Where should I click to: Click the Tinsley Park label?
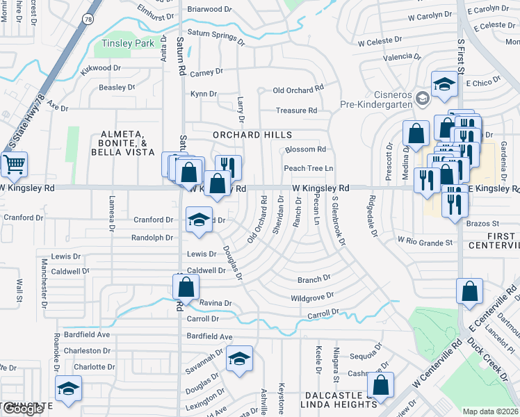(x=127, y=43)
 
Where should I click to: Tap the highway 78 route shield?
(x=88, y=18)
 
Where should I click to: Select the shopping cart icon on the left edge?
(x=13, y=165)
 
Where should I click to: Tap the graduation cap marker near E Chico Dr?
(x=444, y=85)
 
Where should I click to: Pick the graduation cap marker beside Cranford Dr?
(x=199, y=220)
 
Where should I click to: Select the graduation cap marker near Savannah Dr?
(x=239, y=359)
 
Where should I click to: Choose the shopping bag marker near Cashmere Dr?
(x=380, y=385)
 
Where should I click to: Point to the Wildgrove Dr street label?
(x=312, y=297)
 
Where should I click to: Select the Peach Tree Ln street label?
(x=308, y=168)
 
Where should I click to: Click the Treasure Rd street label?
(x=296, y=111)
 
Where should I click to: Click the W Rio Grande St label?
(x=425, y=241)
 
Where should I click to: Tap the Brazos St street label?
(x=486, y=224)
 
